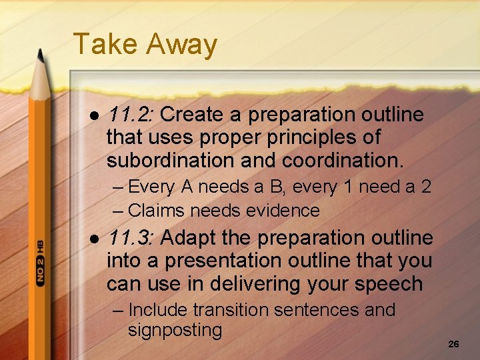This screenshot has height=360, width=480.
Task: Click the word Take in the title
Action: [x=105, y=45]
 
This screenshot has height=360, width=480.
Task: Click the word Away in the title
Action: [x=181, y=45]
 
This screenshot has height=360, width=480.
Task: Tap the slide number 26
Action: [x=453, y=344]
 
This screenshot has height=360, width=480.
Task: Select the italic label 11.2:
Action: [x=131, y=115]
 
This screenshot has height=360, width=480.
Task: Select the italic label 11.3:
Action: [x=131, y=238]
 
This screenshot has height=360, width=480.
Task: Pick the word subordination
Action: [x=177, y=161]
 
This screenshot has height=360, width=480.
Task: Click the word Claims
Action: [x=157, y=211]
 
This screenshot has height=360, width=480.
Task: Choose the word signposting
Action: [x=175, y=330]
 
